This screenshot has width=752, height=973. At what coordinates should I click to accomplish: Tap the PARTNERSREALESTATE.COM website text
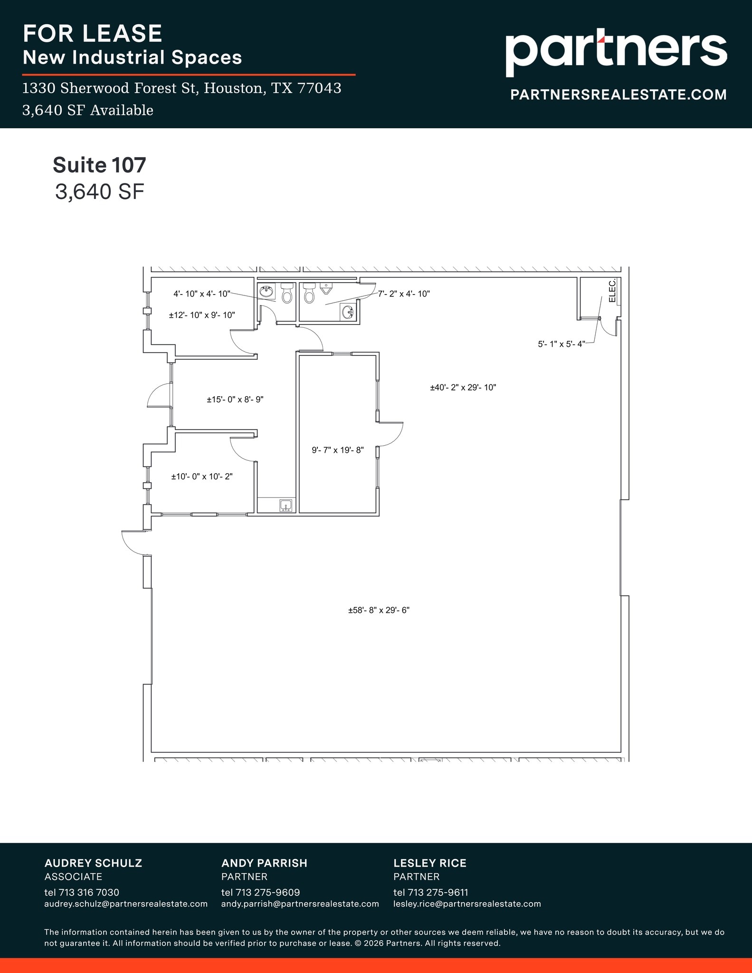(618, 95)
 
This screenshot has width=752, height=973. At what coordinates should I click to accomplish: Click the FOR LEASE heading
(93, 34)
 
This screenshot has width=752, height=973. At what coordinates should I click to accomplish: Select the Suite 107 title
(99, 165)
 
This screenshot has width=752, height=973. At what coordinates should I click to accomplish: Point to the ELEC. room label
(612, 290)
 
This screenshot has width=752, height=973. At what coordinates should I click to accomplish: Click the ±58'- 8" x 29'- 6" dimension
(379, 611)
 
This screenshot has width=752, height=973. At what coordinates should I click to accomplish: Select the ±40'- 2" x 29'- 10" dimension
(463, 388)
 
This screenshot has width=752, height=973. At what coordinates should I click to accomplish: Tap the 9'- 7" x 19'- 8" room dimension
(337, 450)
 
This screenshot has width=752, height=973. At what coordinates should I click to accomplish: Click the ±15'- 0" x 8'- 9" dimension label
(235, 400)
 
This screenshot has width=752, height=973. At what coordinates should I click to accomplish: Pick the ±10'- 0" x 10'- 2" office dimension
(201, 477)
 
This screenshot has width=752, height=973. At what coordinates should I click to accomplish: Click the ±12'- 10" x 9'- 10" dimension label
(202, 315)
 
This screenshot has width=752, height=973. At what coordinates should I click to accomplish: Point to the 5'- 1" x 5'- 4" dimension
(561, 344)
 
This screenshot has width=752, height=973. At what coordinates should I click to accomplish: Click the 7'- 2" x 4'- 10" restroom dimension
(404, 294)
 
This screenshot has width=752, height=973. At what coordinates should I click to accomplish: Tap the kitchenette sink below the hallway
(286, 506)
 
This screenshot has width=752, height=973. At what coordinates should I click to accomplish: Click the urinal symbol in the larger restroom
(326, 288)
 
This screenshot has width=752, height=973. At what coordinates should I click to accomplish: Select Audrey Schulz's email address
(126, 904)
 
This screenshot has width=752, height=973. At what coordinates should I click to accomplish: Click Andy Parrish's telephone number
(260, 892)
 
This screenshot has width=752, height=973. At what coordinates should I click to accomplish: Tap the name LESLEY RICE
(429, 863)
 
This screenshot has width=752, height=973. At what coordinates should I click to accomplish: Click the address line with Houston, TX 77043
(181, 88)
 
